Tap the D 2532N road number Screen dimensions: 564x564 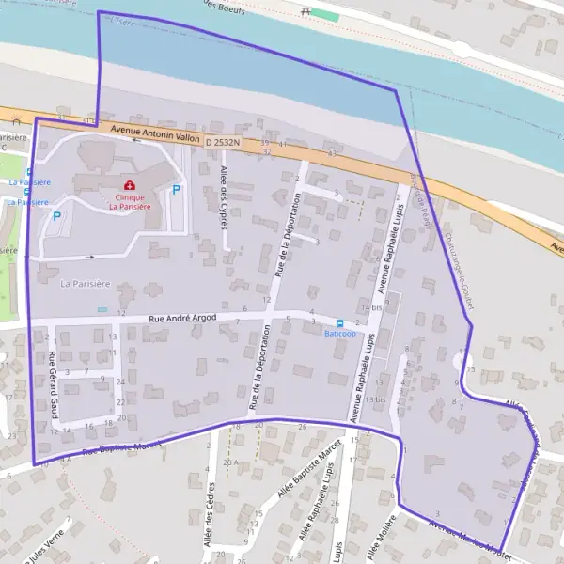222,142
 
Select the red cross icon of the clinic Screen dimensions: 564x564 129,185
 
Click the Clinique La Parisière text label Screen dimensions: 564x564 129,202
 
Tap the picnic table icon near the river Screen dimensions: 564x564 305,11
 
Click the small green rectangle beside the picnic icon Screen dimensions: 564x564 324,16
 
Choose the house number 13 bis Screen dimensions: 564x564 375,399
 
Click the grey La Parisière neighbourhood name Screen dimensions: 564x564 78,282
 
